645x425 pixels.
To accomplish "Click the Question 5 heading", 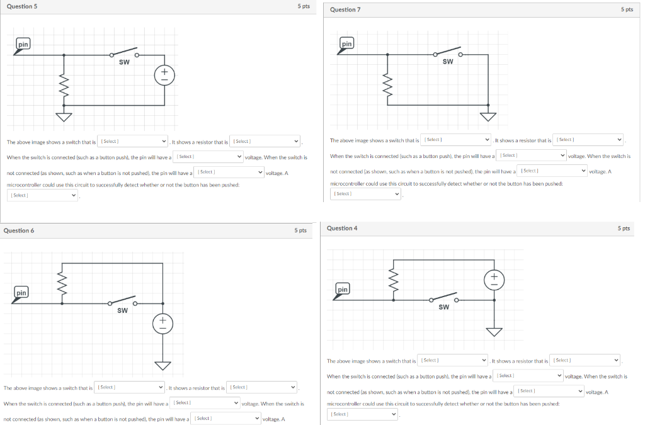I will tap(18, 6).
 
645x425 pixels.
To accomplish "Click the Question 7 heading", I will tap(345, 9).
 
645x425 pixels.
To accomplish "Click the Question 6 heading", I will tap(19, 230).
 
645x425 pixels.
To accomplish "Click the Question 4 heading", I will tap(342, 228).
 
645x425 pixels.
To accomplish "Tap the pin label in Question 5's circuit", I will tap(23, 44).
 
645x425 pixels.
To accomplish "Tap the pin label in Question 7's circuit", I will tap(346, 43).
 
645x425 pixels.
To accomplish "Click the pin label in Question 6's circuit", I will tap(21, 293).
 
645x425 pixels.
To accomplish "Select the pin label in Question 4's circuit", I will tap(342, 289).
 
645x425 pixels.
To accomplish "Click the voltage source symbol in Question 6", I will tap(163, 324).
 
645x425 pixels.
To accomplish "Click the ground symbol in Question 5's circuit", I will tap(63, 116).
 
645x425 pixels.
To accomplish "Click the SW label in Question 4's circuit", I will tap(443, 307).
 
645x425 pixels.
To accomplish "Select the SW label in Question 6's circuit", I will tap(122, 310).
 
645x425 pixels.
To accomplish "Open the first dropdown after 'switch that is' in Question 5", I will tap(132, 141).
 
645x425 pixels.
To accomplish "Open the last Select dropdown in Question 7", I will tap(365, 194).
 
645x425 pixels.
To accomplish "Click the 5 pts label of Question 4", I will tap(624, 228).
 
